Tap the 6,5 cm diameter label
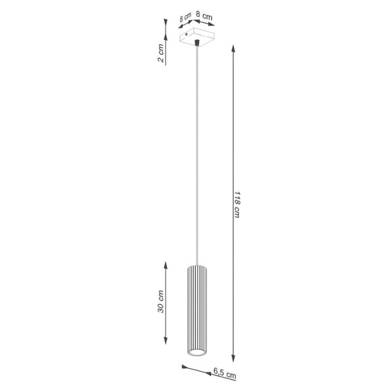[224, 374]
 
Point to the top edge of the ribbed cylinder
[196, 266]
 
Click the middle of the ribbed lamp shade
[196, 310]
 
